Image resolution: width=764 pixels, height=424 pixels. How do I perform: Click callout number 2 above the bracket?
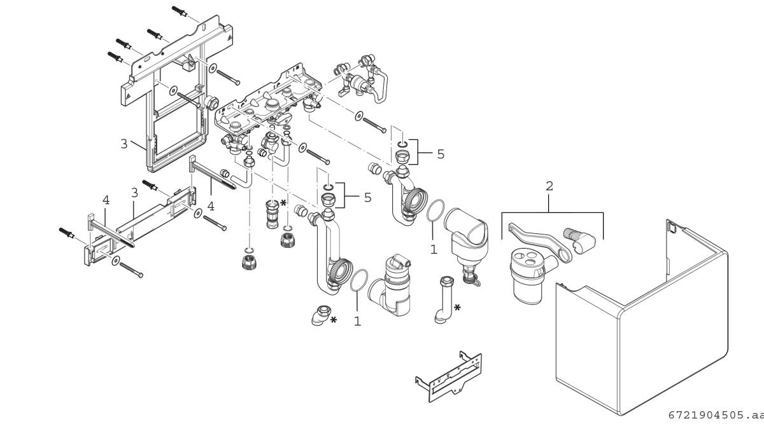[549, 186]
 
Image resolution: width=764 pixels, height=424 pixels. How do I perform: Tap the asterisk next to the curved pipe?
[457, 307]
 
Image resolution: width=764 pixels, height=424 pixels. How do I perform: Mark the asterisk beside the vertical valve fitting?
[283, 203]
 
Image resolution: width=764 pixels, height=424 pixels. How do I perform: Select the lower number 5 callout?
[367, 197]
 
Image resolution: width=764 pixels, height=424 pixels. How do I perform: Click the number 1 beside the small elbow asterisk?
[357, 322]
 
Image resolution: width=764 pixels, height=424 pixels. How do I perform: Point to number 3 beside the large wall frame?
[124, 143]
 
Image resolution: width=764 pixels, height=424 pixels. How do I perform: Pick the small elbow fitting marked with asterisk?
[320, 315]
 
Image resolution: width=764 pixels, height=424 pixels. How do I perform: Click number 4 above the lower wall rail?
[106, 200]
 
